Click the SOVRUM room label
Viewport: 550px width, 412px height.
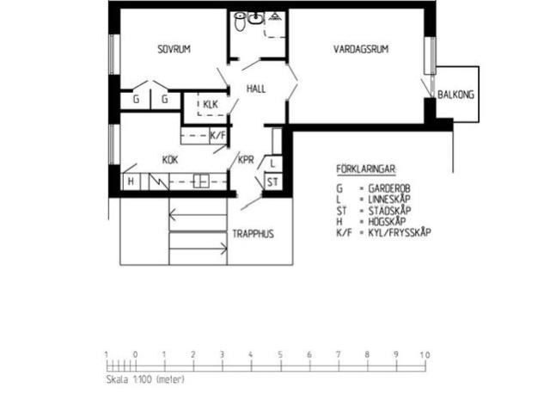[174, 49]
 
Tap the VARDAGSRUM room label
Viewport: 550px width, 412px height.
[361, 49]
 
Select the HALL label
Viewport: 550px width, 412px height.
[256, 89]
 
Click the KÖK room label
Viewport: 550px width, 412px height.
[169, 160]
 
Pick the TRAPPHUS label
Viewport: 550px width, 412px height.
[254, 233]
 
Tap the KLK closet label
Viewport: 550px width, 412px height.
[211, 105]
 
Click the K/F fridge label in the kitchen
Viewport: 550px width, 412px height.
[218, 136]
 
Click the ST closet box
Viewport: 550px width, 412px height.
[272, 181]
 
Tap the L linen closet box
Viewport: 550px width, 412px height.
[272, 163]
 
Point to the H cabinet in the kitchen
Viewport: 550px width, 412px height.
[131, 181]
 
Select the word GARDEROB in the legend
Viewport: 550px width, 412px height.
[390, 187]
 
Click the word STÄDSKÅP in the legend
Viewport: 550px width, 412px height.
[389, 210]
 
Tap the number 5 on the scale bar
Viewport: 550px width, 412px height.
[280, 354]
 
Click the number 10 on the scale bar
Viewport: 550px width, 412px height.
[425, 354]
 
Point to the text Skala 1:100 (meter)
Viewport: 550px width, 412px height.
[145, 378]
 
